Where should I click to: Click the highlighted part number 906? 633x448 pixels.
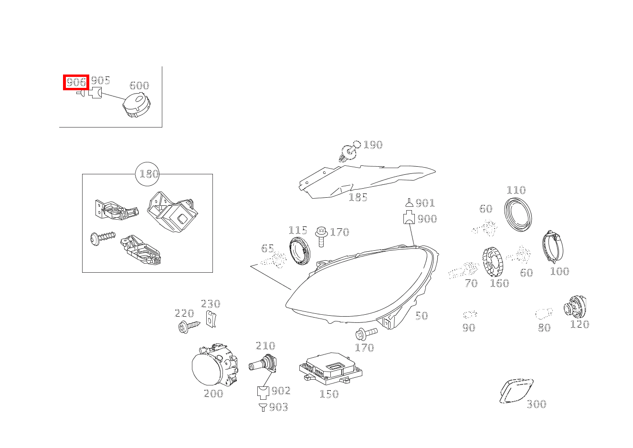coord(76,82)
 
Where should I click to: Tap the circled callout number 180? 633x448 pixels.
coord(148,174)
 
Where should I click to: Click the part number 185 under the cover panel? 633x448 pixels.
coord(358,197)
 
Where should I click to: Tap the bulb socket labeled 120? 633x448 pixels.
coord(576,307)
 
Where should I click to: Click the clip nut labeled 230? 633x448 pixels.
coord(211,319)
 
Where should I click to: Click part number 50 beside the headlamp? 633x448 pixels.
coord(421,316)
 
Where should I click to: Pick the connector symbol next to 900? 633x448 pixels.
coord(409,219)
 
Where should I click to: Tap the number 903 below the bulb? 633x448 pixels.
coord(278,407)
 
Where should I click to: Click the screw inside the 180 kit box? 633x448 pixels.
coord(102,237)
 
